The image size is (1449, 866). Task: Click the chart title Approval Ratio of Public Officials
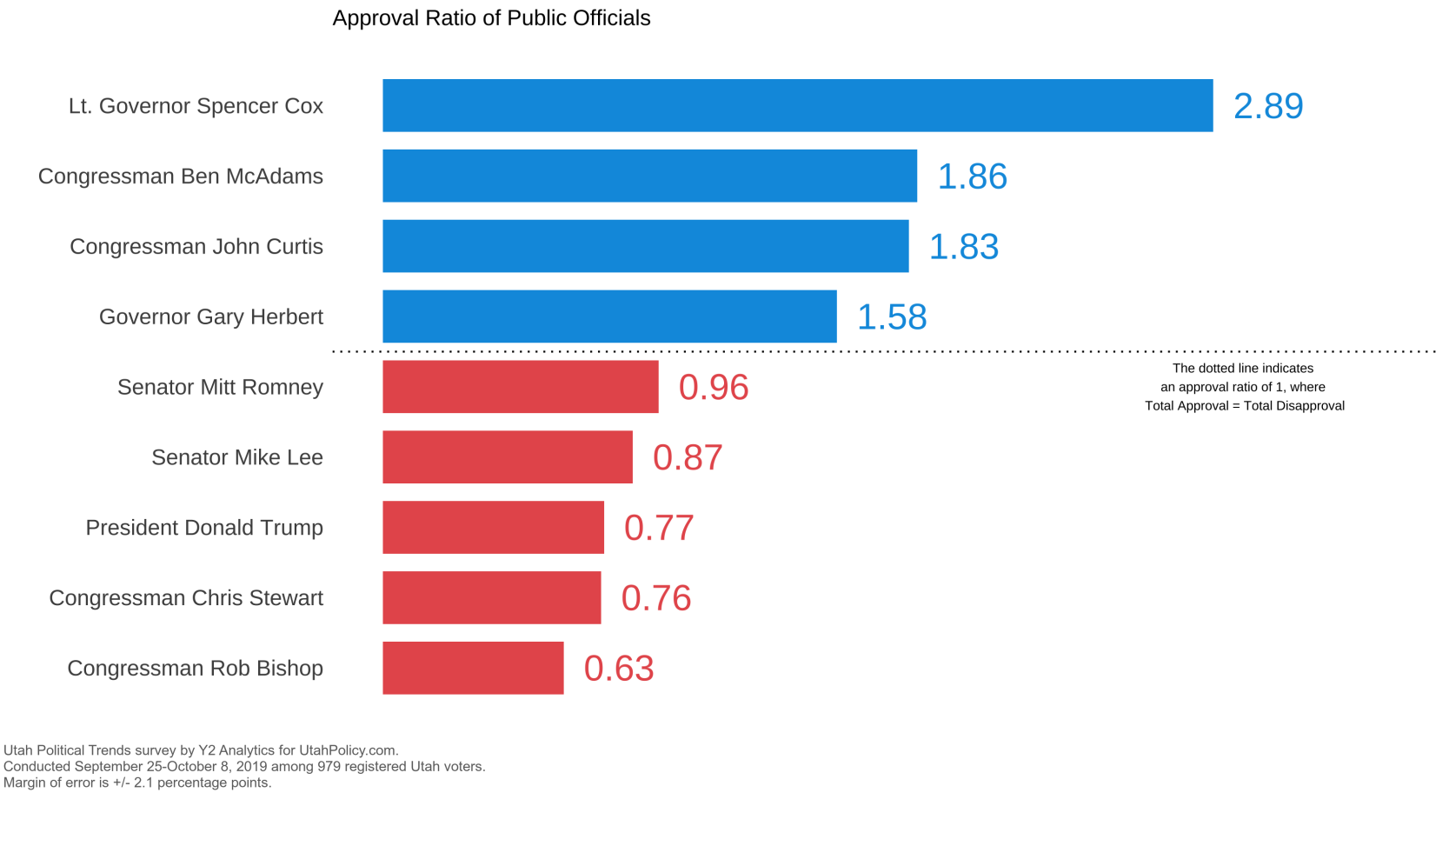(491, 18)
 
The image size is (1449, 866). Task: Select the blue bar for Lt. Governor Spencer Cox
(798, 105)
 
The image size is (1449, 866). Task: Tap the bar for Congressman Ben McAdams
(649, 176)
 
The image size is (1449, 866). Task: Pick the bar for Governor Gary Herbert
(609, 316)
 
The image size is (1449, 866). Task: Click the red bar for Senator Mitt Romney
(520, 386)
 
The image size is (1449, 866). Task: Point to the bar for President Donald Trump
(493, 528)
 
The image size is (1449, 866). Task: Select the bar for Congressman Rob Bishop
(473, 668)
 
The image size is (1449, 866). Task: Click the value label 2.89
(1268, 106)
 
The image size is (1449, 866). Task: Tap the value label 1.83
(964, 247)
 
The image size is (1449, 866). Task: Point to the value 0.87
(688, 457)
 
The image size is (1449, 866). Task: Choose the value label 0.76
(656, 598)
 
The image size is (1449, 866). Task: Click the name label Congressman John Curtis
(196, 247)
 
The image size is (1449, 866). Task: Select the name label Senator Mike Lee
(236, 457)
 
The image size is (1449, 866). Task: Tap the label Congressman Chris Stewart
(186, 598)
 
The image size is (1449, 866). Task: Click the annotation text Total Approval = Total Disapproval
(1245, 406)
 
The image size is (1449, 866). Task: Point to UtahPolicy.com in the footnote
(348, 750)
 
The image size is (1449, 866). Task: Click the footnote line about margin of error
(137, 783)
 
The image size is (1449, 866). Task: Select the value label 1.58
(892, 317)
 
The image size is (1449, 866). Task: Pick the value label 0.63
(619, 669)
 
